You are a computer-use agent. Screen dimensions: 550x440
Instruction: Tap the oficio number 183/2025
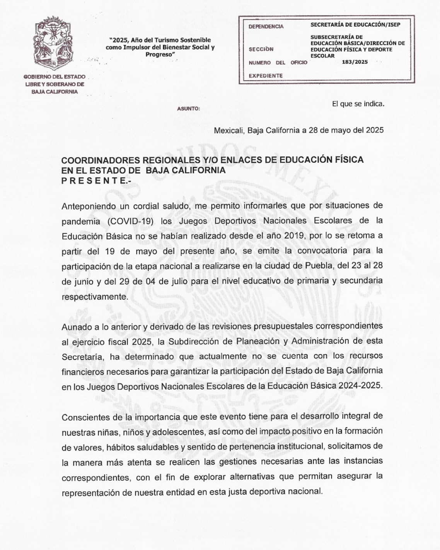tap(355, 62)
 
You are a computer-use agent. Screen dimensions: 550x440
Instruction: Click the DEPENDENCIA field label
tap(266, 27)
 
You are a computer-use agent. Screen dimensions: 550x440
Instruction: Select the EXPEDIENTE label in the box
tap(265, 76)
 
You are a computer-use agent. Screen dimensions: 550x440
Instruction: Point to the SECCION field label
tap(261, 50)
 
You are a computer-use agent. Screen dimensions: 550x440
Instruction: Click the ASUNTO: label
tap(188, 109)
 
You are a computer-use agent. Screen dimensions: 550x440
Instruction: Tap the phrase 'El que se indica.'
tap(358, 104)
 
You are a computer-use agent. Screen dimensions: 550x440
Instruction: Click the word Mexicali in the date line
tap(229, 130)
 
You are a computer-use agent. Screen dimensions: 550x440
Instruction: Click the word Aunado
tap(75, 326)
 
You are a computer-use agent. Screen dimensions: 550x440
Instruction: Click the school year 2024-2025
tap(362, 386)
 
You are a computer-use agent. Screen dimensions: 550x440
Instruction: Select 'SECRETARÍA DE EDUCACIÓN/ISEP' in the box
tap(355, 25)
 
